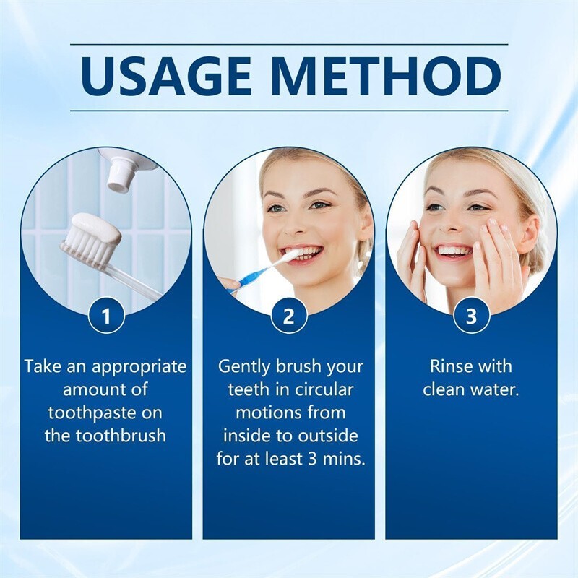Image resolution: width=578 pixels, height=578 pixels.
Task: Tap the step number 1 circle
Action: tap(106, 316)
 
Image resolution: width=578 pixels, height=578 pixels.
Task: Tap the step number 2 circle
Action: tap(288, 316)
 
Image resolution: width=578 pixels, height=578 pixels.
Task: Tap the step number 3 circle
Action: tap(471, 316)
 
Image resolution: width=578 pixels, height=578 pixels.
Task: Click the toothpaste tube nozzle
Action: tap(119, 176)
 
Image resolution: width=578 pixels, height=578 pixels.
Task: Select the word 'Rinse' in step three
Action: tap(449, 366)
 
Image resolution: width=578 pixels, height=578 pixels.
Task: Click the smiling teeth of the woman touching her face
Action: tap(456, 251)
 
